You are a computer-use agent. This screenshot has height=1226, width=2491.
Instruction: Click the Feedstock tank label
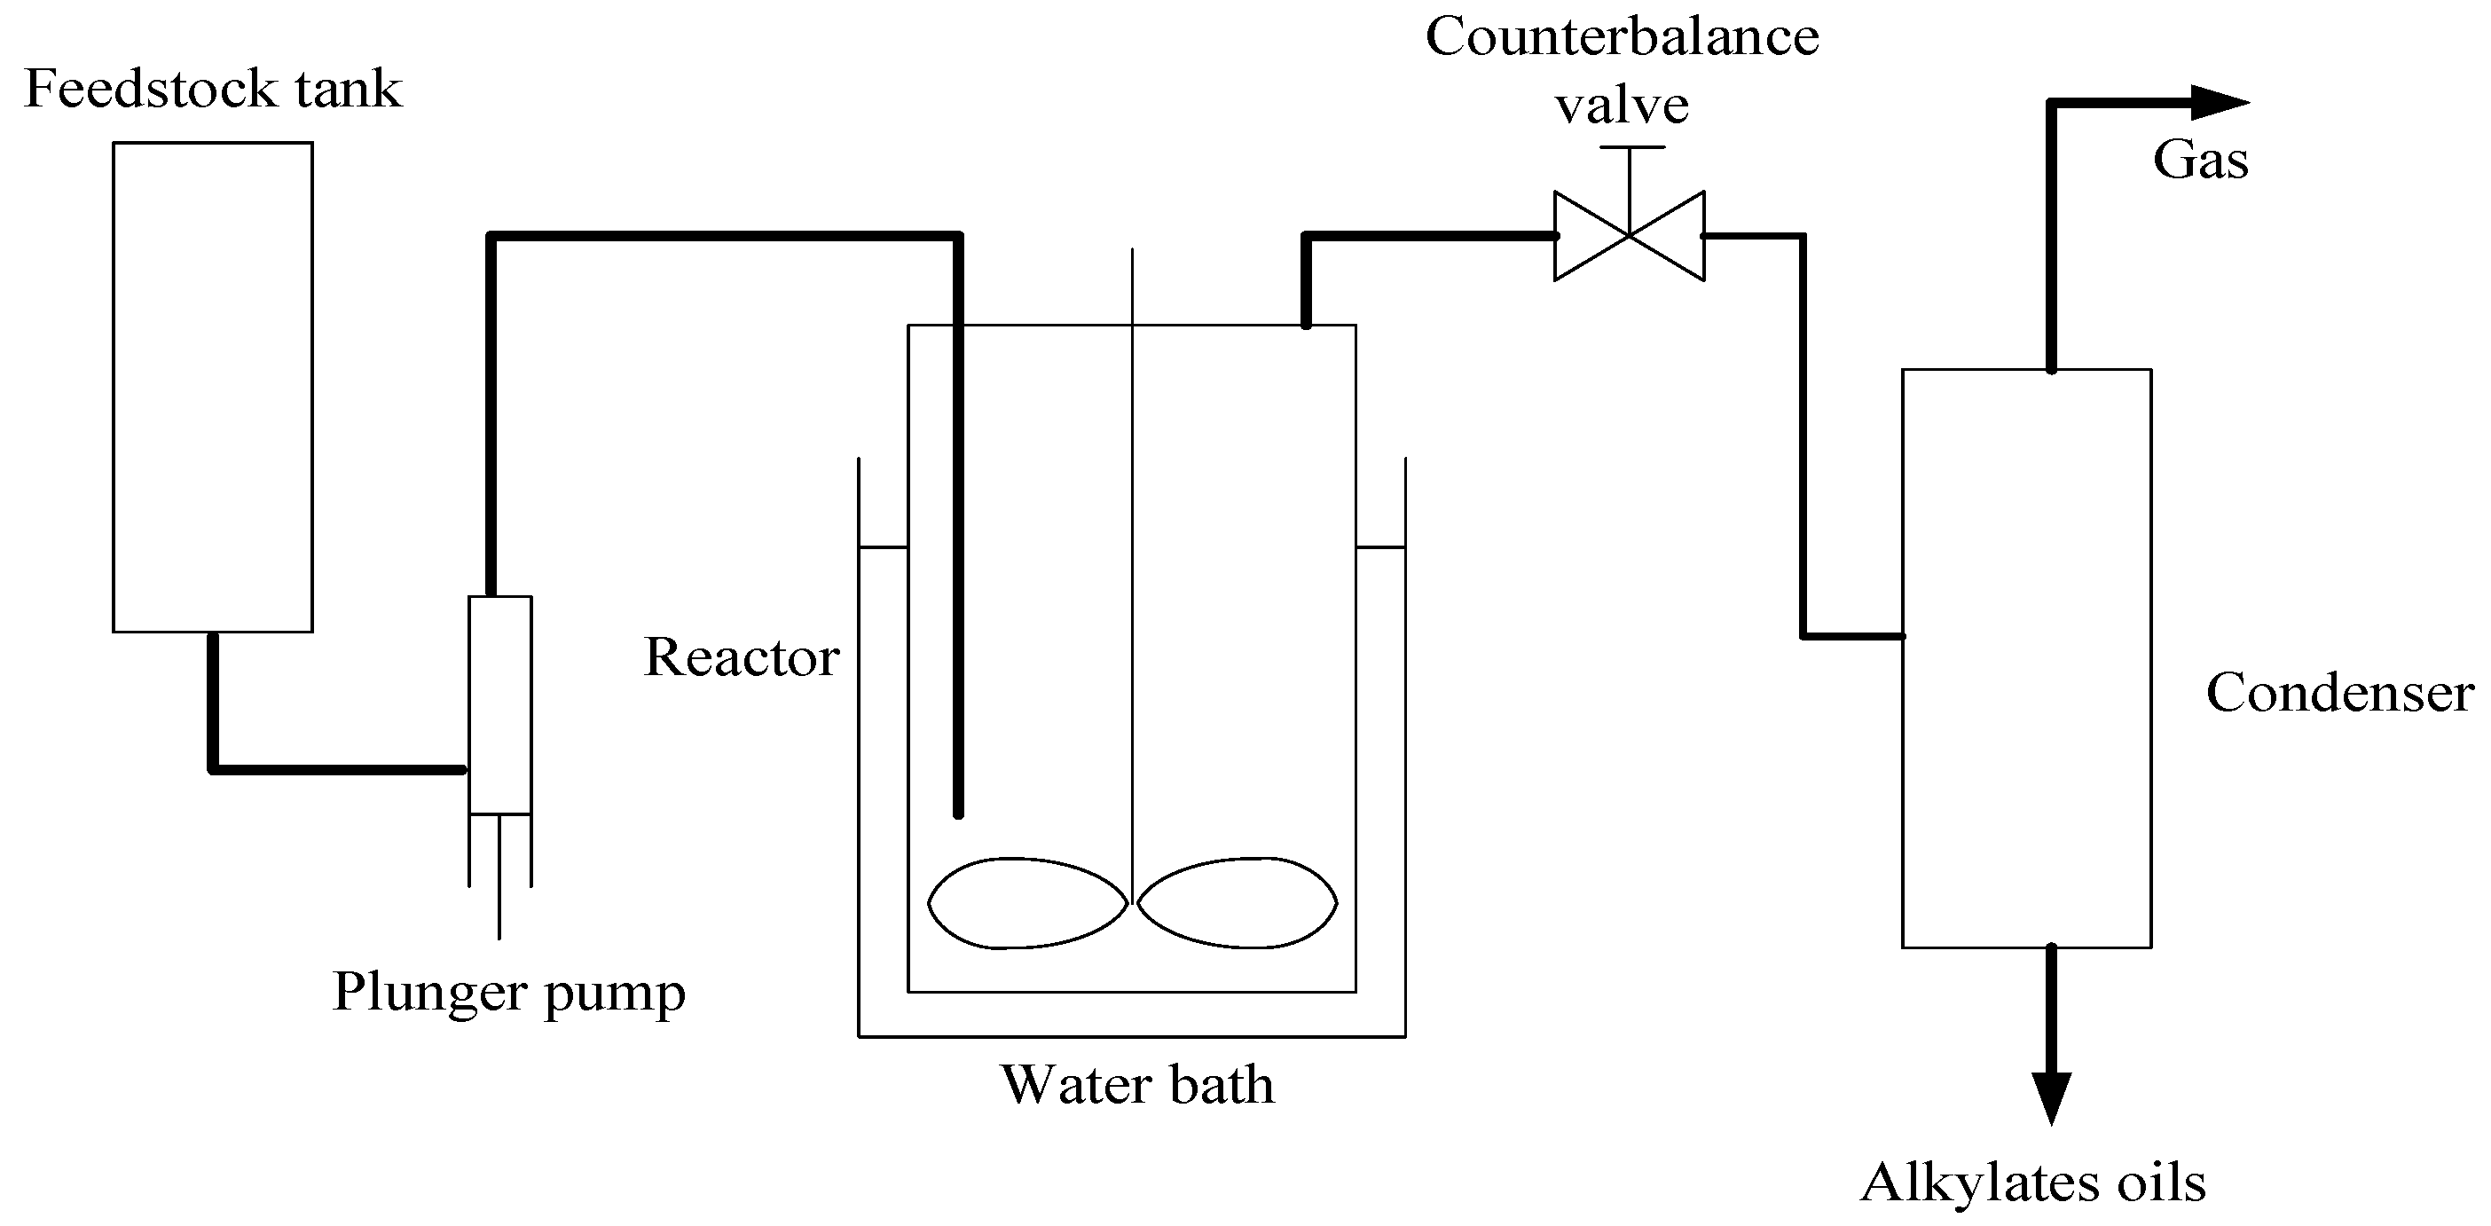(213, 89)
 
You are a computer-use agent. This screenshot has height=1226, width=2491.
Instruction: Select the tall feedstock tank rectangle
(213, 387)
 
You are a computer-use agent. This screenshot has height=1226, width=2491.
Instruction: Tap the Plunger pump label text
(508, 992)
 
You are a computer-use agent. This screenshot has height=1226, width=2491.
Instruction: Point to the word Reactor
(742, 657)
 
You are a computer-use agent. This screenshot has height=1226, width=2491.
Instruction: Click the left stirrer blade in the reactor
(1027, 903)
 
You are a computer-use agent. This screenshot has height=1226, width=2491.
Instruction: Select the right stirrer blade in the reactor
(1237, 903)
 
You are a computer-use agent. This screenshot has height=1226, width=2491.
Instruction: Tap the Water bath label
(1137, 1085)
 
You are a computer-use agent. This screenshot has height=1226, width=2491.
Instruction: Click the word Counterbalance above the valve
(1622, 36)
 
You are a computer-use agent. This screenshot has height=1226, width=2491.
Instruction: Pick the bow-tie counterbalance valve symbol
(1630, 236)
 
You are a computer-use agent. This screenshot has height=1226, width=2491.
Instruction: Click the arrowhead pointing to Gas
(2219, 103)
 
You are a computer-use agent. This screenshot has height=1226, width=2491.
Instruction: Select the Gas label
(2200, 161)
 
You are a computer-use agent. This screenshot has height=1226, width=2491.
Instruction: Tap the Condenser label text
(2339, 693)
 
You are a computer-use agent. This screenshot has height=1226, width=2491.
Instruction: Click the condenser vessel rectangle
(2026, 657)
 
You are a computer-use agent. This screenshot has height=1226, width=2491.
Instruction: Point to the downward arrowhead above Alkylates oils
(2051, 1098)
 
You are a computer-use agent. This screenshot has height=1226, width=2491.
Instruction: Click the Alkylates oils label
(2032, 1183)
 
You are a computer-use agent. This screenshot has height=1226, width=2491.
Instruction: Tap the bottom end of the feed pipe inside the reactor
(958, 813)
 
